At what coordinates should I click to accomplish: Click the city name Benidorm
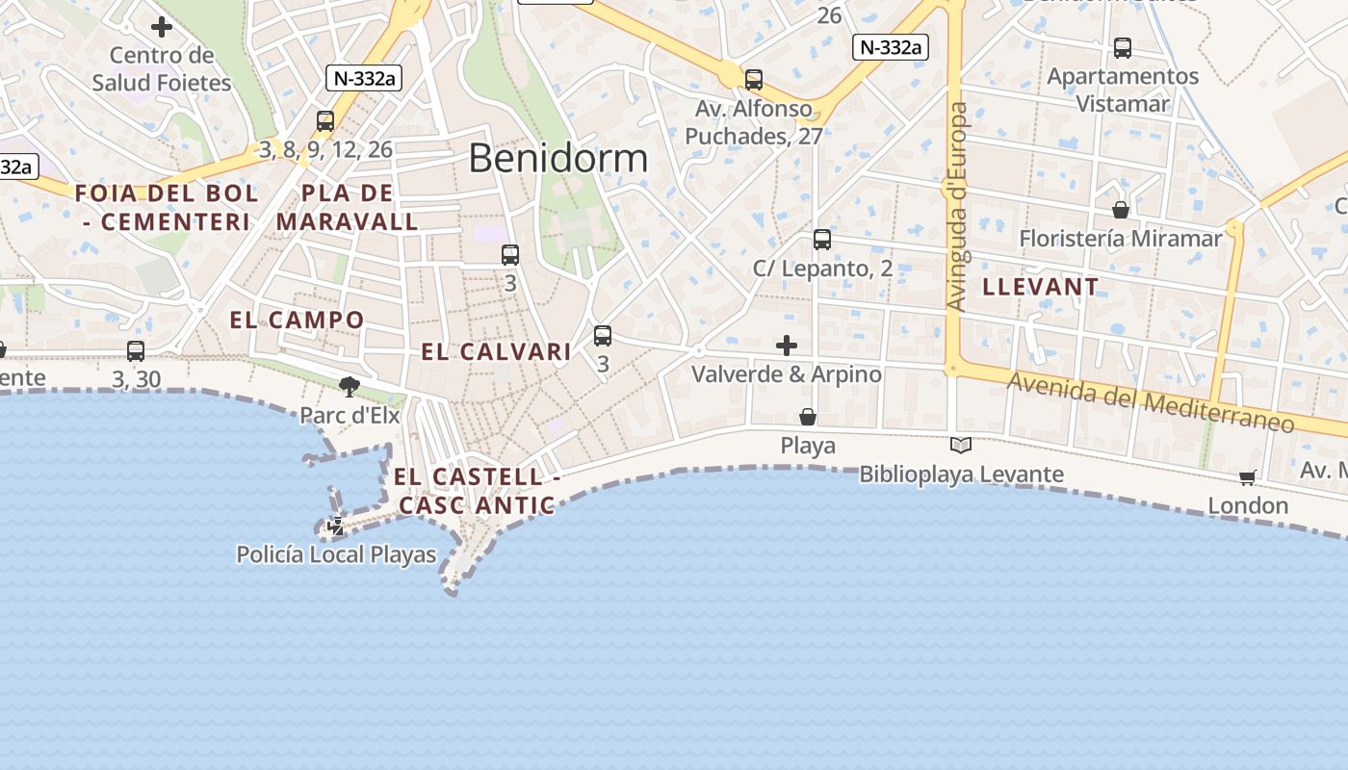[558, 159]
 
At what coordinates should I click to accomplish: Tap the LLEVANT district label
[1040, 287]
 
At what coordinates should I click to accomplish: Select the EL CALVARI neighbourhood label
[497, 352]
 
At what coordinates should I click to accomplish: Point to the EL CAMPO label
[298, 321]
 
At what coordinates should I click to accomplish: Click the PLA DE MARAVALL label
[348, 208]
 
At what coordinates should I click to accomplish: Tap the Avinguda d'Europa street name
[957, 207]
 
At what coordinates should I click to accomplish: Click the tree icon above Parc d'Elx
[350, 387]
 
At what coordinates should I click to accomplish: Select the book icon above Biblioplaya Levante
[961, 445]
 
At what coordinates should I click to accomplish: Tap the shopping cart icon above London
[1248, 477]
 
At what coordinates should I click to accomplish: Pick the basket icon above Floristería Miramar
[1121, 210]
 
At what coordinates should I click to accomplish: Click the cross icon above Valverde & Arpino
[787, 346]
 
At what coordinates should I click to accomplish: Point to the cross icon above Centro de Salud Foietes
[162, 27]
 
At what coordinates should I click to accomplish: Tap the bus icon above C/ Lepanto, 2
[822, 240]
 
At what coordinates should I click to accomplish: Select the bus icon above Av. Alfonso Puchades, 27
[754, 80]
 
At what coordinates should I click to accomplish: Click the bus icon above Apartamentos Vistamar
[1123, 48]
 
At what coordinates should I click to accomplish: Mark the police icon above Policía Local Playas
[337, 526]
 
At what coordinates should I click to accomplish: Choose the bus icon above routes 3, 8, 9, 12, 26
[325, 121]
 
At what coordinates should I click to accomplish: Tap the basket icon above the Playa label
[808, 417]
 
